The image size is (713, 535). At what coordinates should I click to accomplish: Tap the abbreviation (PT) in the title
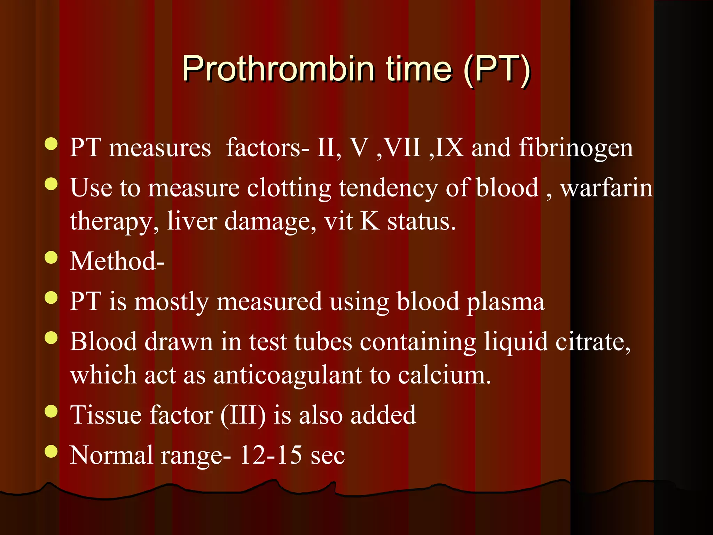496,69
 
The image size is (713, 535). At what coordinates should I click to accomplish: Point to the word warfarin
606,188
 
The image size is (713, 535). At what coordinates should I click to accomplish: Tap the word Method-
117,261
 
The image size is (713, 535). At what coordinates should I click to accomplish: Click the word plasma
505,302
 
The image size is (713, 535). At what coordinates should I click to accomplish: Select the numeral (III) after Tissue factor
243,415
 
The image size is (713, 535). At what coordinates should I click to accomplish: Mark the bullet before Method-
51,258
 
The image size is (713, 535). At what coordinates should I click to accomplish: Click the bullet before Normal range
51,451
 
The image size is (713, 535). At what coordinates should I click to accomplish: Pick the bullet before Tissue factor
51,411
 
